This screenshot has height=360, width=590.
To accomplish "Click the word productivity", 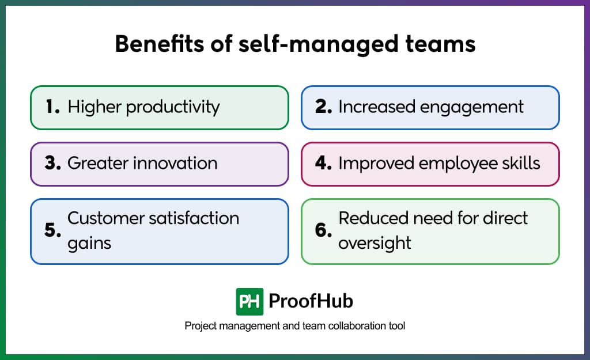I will pyautogui.click(x=173, y=107).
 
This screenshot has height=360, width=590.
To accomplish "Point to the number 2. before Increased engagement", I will pyautogui.click(x=324, y=107).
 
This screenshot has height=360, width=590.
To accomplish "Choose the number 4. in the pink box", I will pyautogui.click(x=324, y=164).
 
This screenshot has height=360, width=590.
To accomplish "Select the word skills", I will pyautogui.click(x=521, y=164).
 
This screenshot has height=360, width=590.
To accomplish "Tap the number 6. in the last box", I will pyautogui.click(x=324, y=231).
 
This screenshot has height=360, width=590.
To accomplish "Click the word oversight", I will pyautogui.click(x=375, y=243).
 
